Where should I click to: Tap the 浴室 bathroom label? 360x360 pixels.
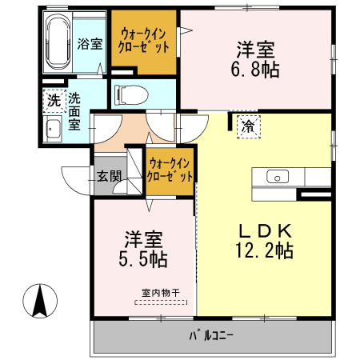(90, 44)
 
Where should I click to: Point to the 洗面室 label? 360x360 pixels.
(74, 111)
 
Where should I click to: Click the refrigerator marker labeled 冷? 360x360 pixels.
(248, 126)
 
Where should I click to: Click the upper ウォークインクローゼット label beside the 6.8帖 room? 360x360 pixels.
(143, 40)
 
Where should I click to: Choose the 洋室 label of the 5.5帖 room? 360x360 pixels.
(144, 238)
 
